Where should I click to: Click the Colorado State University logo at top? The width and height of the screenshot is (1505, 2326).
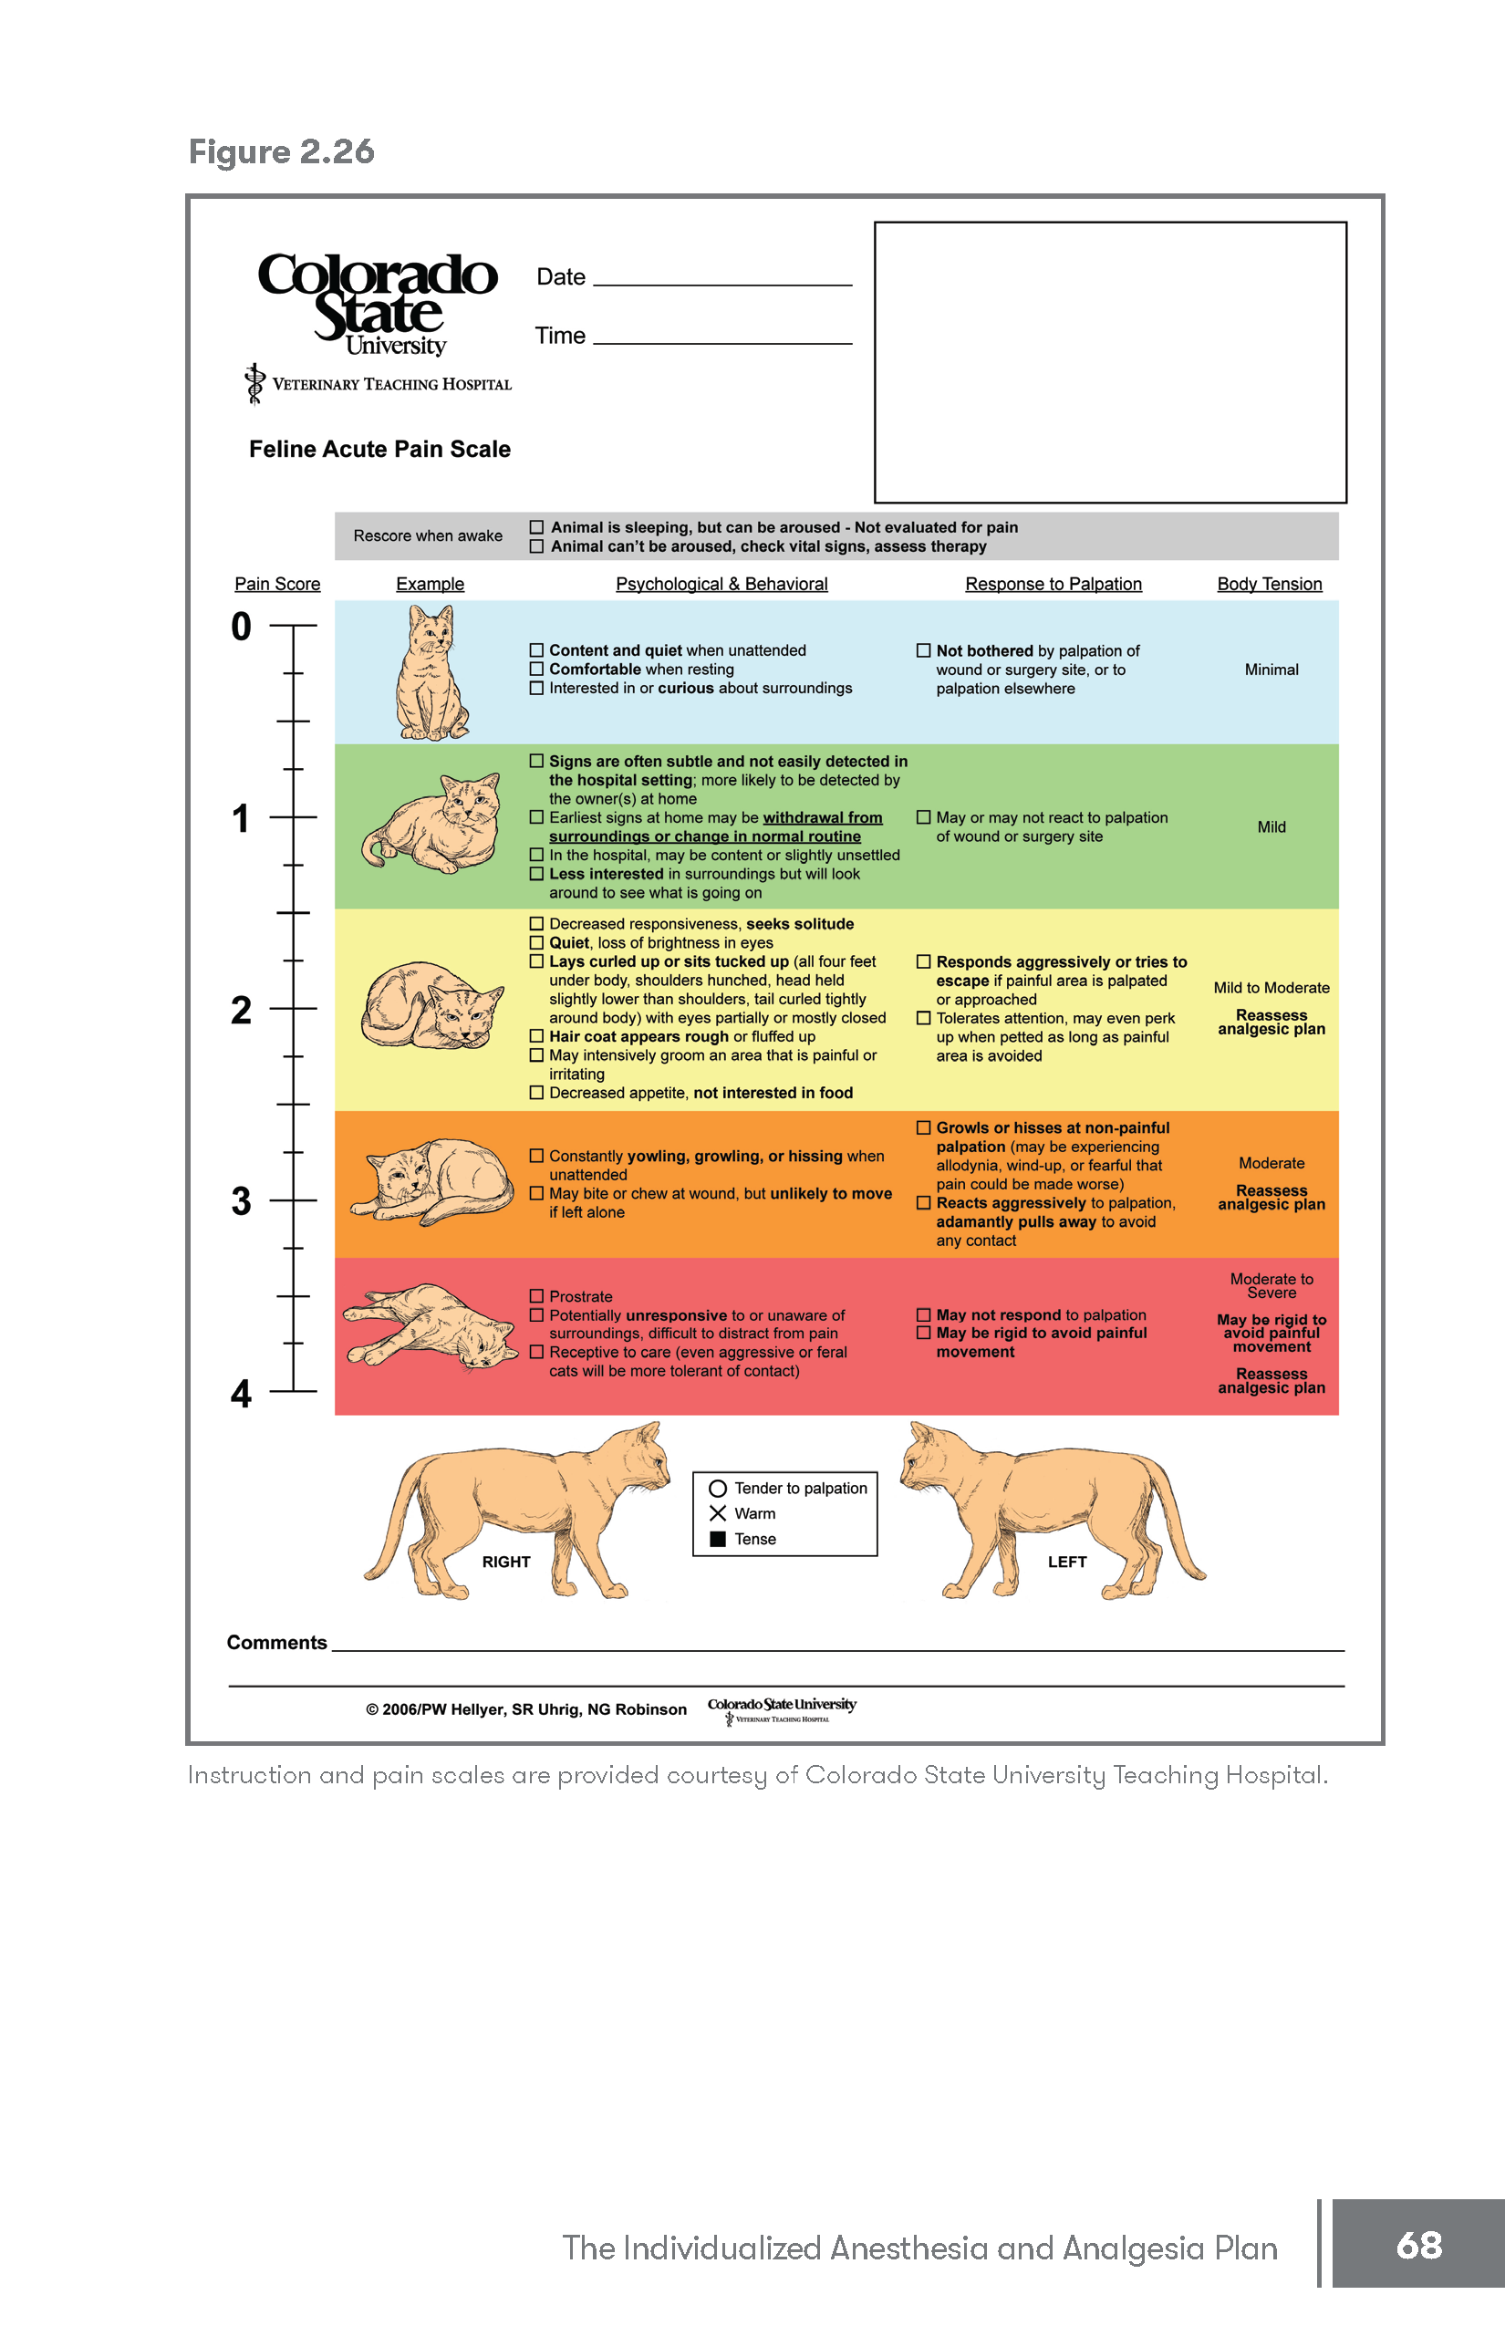(379, 303)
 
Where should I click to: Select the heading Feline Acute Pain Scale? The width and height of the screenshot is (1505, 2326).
(379, 450)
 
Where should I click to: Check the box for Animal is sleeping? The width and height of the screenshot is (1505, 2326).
(536, 527)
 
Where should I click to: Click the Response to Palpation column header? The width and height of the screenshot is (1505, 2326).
(1053, 585)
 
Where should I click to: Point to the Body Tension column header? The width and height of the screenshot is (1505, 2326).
(1269, 585)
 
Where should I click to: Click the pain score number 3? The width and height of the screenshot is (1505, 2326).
(241, 1201)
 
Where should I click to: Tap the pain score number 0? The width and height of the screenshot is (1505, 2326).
(241, 627)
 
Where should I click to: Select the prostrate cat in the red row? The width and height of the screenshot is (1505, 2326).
(431, 1325)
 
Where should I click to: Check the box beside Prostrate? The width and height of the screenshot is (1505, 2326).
(536, 1296)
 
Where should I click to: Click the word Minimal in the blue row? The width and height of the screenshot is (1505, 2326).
(1271, 670)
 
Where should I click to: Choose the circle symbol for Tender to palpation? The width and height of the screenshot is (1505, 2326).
(717, 1489)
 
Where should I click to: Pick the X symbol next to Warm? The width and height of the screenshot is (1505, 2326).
(717, 1514)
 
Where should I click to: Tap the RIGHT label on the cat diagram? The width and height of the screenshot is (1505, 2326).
(505, 1562)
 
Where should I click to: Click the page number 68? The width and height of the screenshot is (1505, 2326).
(1418, 2245)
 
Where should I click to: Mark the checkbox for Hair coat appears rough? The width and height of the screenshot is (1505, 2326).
(536, 1036)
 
